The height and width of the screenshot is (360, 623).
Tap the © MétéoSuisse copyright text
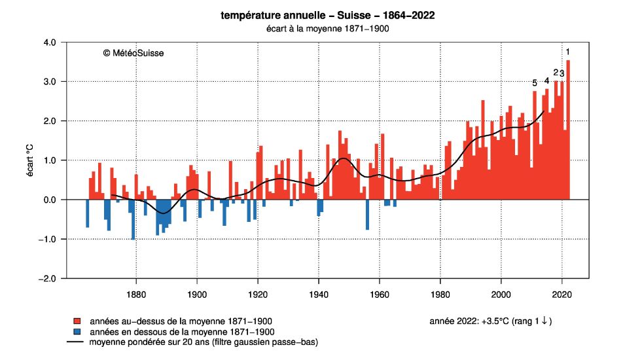[133, 53]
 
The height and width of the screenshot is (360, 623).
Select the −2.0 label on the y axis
[50, 279]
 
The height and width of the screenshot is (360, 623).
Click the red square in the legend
[77, 321]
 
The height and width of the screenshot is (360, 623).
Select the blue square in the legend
[77, 332]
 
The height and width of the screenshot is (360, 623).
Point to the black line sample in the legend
[77, 342]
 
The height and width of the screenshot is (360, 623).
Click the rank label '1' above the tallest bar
[568, 52]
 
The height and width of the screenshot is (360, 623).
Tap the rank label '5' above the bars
[535, 83]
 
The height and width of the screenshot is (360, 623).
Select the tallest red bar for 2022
[568, 131]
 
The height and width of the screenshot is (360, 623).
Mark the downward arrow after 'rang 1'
[545, 321]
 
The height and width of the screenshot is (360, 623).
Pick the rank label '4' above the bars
[546, 81]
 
